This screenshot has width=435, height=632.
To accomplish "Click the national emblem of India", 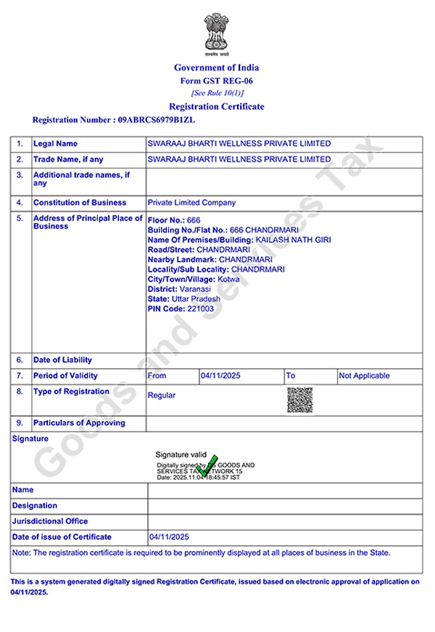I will pos(217,35).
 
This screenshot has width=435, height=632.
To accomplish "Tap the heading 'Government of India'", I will pos(217,67).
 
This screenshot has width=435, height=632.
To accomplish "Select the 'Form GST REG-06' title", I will pos(217,80).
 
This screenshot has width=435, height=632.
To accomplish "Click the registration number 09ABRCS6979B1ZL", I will pos(156,119).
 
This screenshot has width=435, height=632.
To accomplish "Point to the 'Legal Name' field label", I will pos(56,143).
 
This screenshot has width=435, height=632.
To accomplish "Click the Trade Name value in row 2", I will pos(239,159).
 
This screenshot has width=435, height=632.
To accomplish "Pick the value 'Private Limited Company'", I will pos(191,203).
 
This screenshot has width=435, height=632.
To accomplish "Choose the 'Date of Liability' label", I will pos(63,360).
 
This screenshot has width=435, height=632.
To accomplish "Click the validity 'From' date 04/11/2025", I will pos(220,376).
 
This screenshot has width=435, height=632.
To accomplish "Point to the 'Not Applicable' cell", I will pos(364,376).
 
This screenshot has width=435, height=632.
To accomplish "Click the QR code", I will pos(299,399).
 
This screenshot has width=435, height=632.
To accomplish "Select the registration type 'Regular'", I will pos(161,395).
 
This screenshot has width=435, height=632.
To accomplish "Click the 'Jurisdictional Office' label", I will pos(50,521).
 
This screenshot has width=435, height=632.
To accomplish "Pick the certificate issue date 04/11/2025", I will pos(169,537).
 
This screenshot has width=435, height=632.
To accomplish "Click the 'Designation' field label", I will pos(35,505).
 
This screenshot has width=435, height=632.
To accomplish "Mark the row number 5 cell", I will pos(20,218).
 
